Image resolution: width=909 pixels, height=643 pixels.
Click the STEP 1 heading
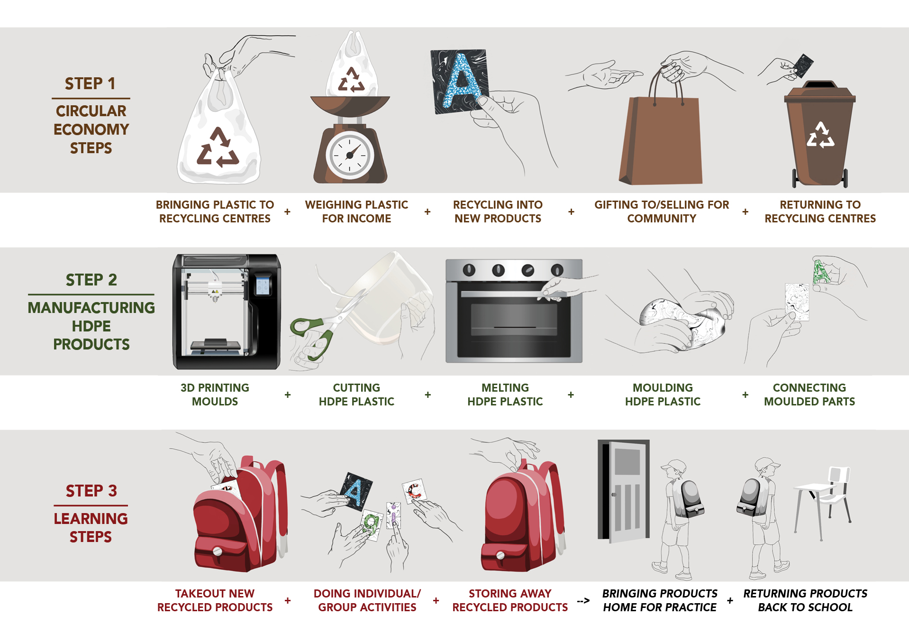pos(90,83)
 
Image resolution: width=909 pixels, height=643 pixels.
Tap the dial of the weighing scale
pos(350,155)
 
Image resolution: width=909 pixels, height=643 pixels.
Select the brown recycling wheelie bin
pos(820,138)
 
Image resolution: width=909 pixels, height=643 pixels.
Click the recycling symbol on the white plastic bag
pos(218,148)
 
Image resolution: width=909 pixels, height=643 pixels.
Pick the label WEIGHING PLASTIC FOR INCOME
pos(356,211)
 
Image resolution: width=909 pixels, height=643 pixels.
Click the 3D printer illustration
pos(227,312)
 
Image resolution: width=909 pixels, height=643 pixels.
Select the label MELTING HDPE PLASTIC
pos(505,395)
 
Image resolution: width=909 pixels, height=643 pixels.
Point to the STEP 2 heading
pos(91,280)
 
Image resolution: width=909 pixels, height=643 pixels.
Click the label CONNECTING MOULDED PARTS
pos(809,395)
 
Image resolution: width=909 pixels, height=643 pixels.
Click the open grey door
pos(626,491)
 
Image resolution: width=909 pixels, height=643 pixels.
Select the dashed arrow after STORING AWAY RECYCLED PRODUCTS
pos(583,601)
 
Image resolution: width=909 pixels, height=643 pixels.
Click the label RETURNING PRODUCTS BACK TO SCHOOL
pos(805,600)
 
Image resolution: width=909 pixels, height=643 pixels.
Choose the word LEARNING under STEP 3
pos(91,519)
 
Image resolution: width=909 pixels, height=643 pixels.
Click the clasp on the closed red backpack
pos(500,555)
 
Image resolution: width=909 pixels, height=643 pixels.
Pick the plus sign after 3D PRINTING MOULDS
pos(288,395)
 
